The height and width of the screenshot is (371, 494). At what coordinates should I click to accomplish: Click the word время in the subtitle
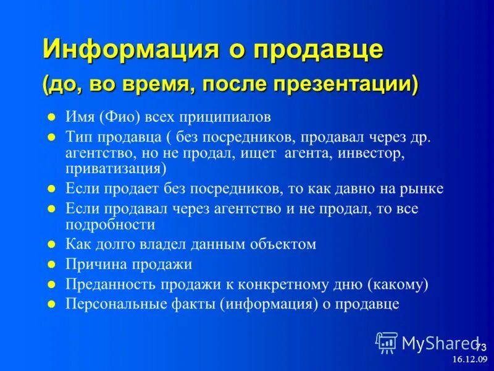tap(151, 83)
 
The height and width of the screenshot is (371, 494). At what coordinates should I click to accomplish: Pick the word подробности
tap(110, 224)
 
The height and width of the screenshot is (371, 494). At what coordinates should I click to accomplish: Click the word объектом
tap(284, 244)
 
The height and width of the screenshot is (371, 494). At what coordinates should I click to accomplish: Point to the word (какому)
tap(397, 284)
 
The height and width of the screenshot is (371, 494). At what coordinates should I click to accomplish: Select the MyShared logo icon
tap(387, 341)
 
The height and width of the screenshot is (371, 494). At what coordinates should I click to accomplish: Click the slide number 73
tap(480, 347)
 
